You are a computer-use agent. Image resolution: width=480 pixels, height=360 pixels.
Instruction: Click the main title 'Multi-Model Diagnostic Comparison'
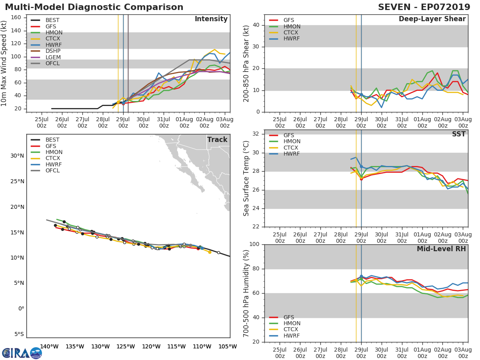point(94,7)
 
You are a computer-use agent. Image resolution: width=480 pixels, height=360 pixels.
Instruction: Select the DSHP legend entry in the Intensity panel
point(53,51)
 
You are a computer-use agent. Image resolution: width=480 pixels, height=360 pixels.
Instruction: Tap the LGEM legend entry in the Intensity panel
point(53,58)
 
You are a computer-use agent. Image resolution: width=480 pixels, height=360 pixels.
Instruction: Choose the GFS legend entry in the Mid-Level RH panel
point(288,317)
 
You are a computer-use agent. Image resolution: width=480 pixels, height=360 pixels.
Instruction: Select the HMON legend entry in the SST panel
point(292,142)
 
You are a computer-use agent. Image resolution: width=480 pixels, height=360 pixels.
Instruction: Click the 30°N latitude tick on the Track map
point(17,156)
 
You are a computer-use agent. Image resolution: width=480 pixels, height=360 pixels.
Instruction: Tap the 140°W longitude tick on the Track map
point(49,347)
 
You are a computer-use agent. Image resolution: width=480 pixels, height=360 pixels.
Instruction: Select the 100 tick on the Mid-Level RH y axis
point(254,244)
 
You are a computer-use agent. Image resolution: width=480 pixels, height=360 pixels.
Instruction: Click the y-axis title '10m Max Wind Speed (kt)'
point(4,64)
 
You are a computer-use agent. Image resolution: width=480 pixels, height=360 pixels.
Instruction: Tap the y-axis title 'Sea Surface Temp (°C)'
point(246,178)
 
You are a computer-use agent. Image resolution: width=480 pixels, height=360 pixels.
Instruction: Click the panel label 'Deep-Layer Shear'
point(432,19)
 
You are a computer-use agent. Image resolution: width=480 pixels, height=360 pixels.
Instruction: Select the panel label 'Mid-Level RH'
point(441,249)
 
